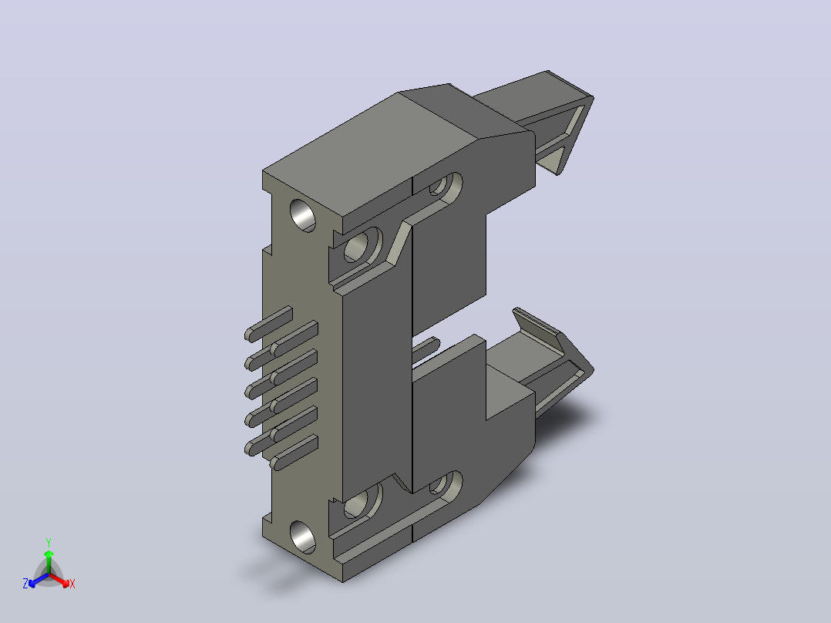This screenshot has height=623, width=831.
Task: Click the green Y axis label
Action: (x=49, y=542)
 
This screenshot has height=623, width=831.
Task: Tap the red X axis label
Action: (x=72, y=584)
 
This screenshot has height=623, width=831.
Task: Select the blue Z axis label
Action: (x=25, y=584)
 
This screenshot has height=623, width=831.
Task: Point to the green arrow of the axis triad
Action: (x=49, y=561)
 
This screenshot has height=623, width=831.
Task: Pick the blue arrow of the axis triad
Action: (x=39, y=580)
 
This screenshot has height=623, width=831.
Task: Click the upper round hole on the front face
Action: (x=303, y=215)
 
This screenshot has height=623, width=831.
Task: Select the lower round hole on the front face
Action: (x=303, y=537)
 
